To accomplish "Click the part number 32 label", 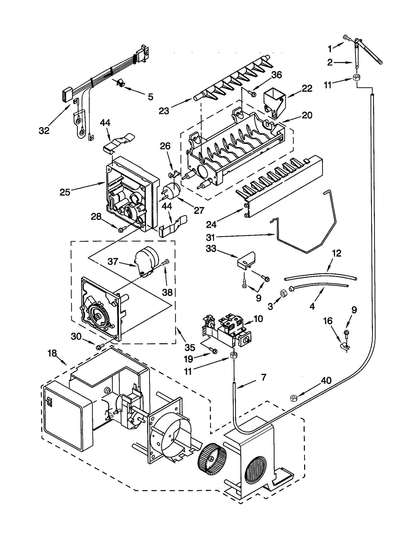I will point(44,131).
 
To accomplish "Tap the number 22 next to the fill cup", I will point(307,88).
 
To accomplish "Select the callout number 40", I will point(326,380).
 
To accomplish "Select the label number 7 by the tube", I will point(263,378).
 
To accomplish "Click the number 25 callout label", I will point(65,192).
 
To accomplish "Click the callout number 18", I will point(52,353).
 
